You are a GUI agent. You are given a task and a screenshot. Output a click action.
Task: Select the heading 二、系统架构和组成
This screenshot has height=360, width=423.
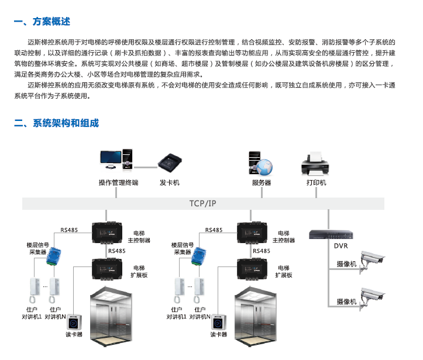tap(56, 123)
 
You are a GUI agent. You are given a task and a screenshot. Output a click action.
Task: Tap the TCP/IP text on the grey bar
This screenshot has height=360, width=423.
tap(203, 203)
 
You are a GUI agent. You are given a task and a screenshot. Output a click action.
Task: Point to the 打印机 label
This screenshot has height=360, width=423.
tap(316, 182)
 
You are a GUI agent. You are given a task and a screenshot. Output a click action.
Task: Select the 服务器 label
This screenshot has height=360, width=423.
tap(262, 182)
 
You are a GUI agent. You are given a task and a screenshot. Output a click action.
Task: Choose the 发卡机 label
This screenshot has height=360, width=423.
tap(170, 182)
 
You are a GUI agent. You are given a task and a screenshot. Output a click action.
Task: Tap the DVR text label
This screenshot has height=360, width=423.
tap(341, 246)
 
